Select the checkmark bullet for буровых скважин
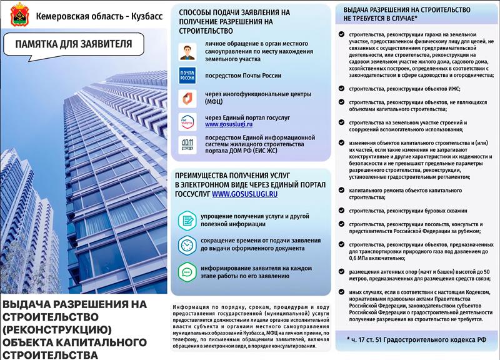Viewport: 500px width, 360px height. pyautogui.click(x=341, y=211)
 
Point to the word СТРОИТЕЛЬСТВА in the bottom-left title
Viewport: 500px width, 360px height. pyautogui.click(x=51, y=354)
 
